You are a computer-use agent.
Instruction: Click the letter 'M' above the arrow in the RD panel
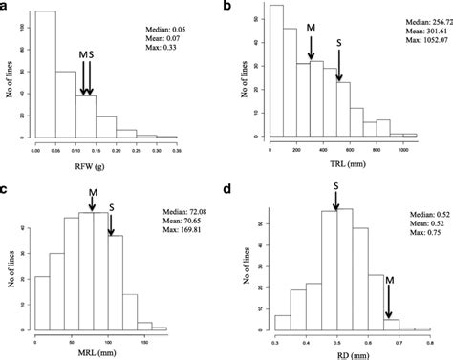(391, 279)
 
